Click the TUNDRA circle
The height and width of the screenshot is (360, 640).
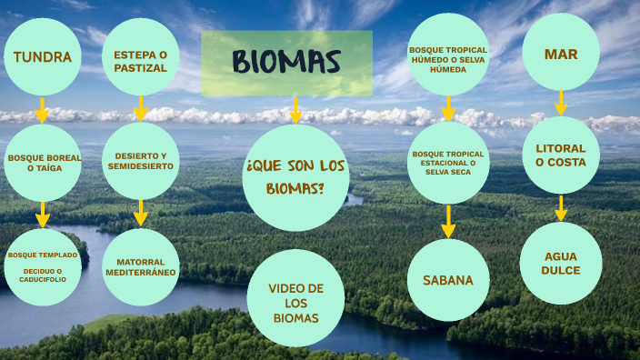coord(43,56)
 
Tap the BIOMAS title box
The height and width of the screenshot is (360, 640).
coord(286,63)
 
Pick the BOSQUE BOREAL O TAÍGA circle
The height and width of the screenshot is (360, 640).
coord(43,163)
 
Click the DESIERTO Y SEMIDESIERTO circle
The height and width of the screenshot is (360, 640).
coord(140,161)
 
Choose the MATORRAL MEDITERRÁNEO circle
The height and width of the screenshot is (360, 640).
coord(140,266)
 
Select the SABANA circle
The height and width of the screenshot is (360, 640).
coord(448,280)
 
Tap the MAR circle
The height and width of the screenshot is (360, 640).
coord(561,53)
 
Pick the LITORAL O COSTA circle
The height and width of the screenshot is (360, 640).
coord(561,155)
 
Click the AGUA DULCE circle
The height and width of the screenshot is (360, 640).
coord(561,264)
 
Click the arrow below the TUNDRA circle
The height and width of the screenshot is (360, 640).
coord(41,110)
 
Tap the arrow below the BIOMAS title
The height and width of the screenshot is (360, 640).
coord(295,111)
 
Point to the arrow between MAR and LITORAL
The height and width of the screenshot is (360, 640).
coord(561,103)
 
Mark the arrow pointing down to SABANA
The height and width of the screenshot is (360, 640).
coord(448,221)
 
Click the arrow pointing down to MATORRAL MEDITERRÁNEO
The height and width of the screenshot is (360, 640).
coord(140,214)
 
